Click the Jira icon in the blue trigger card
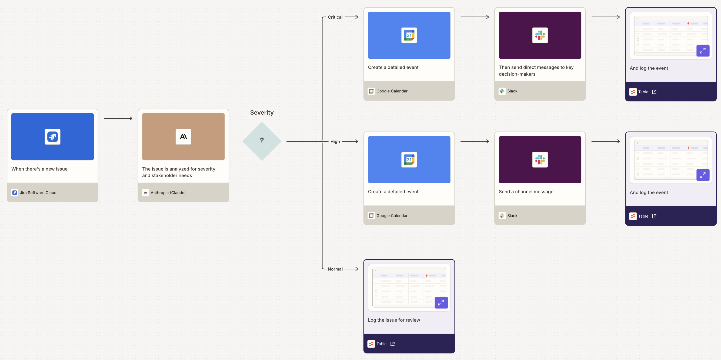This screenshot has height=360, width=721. coord(52,136)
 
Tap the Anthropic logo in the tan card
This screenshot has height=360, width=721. coord(183,136)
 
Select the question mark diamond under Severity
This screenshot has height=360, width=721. coord(262,141)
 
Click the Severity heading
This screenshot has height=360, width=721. coord(262,112)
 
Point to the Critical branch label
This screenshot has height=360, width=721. coord(335,17)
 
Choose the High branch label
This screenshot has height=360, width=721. coord(335,141)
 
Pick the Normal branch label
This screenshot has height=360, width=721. coord(335,269)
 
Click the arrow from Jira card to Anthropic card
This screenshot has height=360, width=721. coord(118,118)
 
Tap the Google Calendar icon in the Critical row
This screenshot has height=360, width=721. coord(409,35)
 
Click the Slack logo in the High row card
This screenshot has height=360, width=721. coord(540,159)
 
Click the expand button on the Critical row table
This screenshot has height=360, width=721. coord(703,51)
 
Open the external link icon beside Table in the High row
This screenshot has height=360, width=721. coord(654,216)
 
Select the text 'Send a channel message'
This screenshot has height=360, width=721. coord(526,192)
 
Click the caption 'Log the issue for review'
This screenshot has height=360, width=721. coord(394,320)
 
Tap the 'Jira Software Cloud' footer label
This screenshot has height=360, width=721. coord(38,193)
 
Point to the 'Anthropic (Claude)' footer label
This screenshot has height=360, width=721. coord(168,193)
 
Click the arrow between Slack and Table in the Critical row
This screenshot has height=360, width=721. coord(605,17)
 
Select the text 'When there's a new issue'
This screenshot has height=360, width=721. coord(39,169)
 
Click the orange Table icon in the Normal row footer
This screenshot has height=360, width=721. coord(371,344)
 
